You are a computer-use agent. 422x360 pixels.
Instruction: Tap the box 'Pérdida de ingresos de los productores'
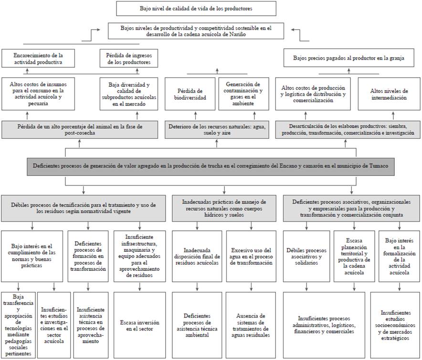pyautogui.click(x=128, y=59)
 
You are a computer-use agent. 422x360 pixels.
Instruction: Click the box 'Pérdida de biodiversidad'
pyautogui.click(x=190, y=94)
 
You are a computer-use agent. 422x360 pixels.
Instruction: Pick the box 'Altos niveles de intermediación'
pyautogui.click(x=389, y=94)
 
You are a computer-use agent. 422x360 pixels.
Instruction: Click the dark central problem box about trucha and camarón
pyautogui.click(x=211, y=166)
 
